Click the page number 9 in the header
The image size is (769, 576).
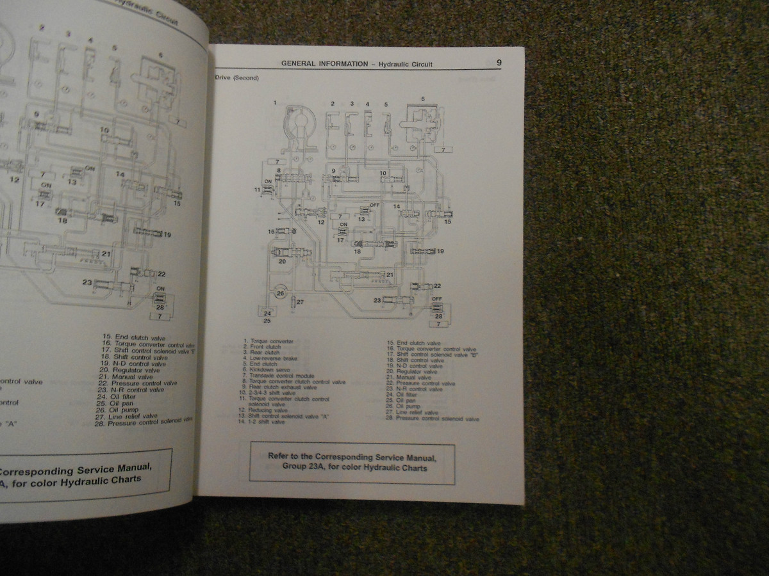498,63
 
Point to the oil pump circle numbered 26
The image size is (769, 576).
280,293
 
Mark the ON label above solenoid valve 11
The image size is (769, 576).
268,181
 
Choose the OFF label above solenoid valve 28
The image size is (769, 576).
438,299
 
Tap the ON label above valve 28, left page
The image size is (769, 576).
160,289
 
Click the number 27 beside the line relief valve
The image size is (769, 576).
299,301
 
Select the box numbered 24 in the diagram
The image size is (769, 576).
267,313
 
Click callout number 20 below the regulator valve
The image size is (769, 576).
282,261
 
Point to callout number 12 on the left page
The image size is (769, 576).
14,180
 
